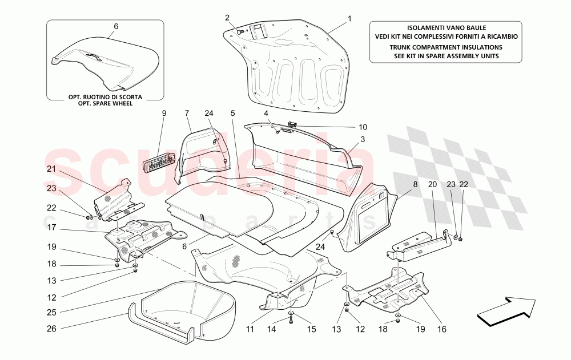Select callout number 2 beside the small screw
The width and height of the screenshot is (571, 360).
click(227, 18)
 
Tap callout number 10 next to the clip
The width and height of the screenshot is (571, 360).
click(363, 127)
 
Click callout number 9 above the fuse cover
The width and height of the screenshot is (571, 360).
click(164, 113)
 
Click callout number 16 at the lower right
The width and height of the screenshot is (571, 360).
click(441, 329)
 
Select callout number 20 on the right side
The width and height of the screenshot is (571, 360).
click(432, 184)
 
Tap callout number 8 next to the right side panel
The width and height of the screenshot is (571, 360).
click(415, 184)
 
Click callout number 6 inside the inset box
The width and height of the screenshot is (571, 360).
click(116, 26)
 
